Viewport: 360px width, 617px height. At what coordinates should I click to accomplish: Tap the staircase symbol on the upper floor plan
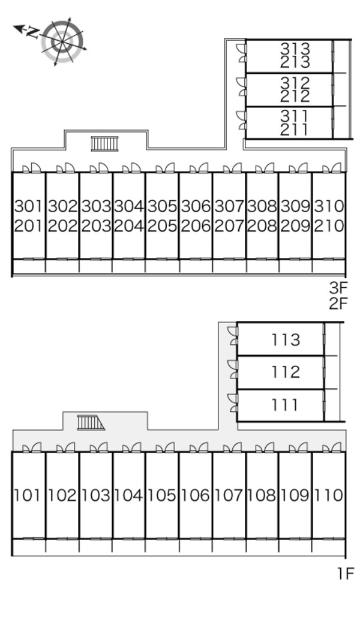tap(104, 144)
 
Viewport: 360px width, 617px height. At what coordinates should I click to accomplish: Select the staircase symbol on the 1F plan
tap(91, 423)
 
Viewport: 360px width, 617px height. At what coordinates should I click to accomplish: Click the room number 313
tap(295, 49)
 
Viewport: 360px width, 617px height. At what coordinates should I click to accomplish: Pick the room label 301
tap(28, 206)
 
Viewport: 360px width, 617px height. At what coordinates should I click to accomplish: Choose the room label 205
tap(162, 226)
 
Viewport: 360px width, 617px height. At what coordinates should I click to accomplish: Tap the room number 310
tap(329, 206)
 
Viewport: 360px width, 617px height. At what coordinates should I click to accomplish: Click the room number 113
tap(286, 340)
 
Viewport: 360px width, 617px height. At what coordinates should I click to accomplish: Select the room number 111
tap(284, 405)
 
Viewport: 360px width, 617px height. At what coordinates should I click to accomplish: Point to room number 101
tap(27, 495)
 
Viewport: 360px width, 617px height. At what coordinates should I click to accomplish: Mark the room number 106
tap(196, 495)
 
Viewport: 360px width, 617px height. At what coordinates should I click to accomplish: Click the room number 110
tap(329, 495)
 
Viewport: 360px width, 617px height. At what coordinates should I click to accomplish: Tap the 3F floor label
tap(339, 288)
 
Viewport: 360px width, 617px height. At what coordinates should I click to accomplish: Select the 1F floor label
tap(346, 573)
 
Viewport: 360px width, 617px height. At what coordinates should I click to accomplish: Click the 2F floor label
tap(339, 304)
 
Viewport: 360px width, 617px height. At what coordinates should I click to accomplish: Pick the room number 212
tap(295, 96)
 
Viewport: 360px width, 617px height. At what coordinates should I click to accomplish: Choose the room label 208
tap(262, 226)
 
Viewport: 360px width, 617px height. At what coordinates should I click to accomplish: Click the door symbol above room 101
tap(32, 447)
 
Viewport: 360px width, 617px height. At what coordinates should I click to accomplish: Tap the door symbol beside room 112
tap(233, 369)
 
